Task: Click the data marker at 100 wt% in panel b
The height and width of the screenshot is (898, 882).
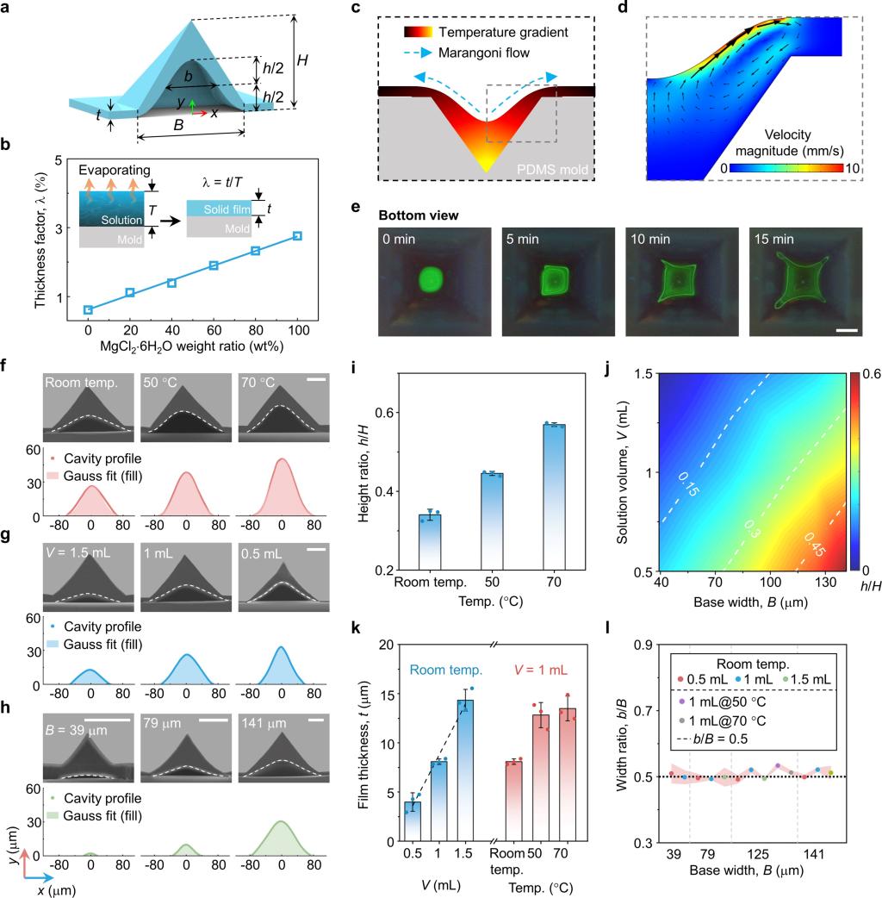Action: (297, 236)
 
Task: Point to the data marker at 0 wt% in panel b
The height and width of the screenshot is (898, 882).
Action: (88, 309)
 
